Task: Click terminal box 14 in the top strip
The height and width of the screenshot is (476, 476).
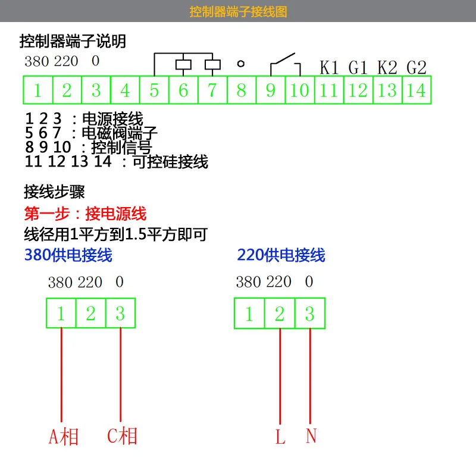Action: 416,90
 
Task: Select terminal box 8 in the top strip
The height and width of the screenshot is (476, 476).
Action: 242,90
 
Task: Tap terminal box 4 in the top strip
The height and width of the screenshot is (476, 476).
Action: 125,90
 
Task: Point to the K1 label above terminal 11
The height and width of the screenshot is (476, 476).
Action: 329,67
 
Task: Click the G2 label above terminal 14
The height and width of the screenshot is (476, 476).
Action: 416,67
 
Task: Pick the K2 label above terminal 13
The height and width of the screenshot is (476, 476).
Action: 387,67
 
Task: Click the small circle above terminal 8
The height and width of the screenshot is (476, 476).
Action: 241,64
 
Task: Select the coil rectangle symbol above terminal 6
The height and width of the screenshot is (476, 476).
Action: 183,65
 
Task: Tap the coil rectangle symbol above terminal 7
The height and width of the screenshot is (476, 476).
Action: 212,65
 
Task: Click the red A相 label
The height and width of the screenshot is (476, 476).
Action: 64,437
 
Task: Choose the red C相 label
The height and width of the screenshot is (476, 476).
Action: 122,436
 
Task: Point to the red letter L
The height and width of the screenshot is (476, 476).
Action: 280,437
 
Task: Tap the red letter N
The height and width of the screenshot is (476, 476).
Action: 311,436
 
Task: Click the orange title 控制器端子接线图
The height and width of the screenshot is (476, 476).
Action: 239,11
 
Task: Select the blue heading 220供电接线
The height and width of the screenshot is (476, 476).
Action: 281,255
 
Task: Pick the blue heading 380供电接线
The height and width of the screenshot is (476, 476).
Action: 68,255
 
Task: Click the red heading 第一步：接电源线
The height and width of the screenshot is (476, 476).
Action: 85,214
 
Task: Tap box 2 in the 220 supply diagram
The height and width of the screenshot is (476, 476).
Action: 280,314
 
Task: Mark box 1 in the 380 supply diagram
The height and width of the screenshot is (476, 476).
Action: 61,313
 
